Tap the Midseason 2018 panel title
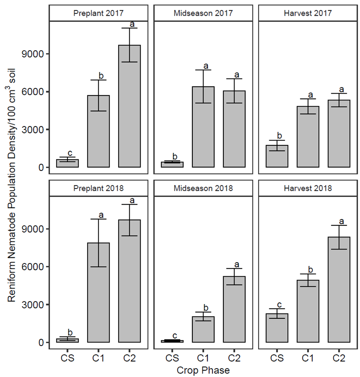tap(203, 188)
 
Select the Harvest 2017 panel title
tap(308, 13)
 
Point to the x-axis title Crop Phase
tap(203, 370)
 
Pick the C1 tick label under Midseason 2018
tap(203, 358)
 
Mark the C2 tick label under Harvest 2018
tap(339, 358)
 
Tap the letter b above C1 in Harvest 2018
tap(308, 269)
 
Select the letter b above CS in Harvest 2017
tap(277, 135)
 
